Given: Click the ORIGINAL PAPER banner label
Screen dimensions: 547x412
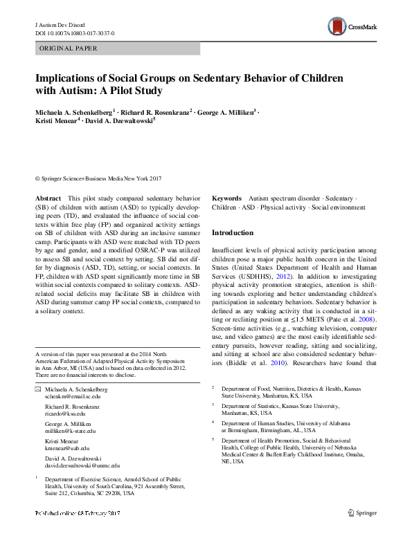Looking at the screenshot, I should point(68,48).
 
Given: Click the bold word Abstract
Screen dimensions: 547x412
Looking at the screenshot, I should point(48,198).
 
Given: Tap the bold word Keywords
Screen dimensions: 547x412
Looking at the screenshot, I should point(226,198).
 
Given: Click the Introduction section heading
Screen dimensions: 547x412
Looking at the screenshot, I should point(233,233).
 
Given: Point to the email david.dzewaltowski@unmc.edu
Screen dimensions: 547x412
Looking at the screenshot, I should point(82,466).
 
